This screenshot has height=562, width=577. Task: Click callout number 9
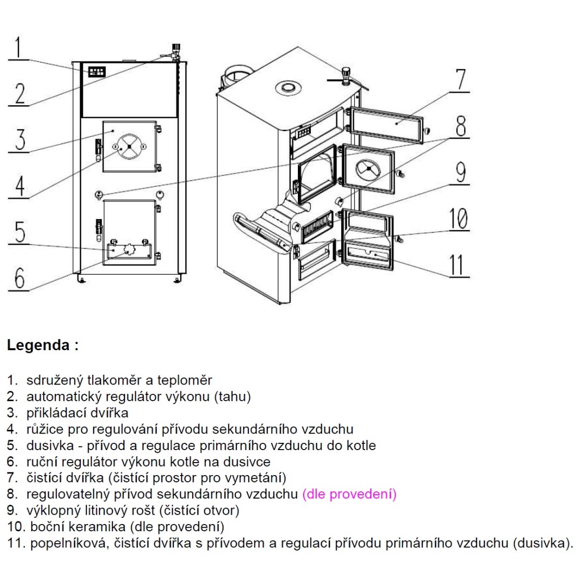pos(460,173)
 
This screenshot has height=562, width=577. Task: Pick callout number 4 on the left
pos(18,186)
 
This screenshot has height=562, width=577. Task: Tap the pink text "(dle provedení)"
pos(349,494)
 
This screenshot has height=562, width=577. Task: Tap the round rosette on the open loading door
pos(369,169)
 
